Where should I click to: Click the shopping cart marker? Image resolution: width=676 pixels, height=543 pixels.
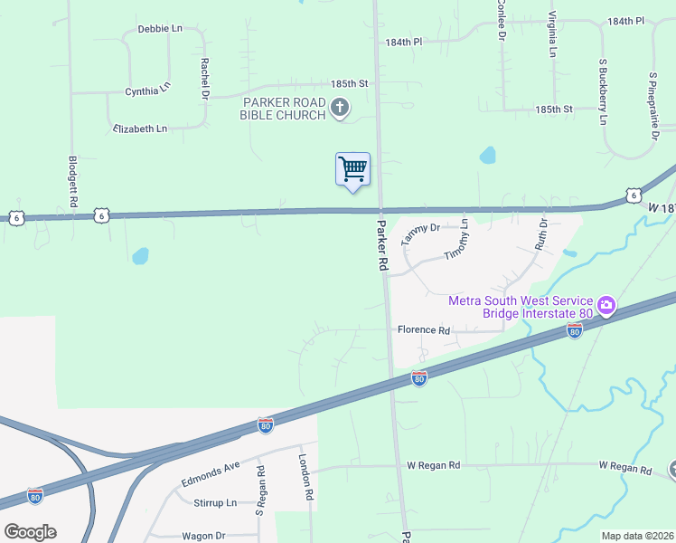[352, 169]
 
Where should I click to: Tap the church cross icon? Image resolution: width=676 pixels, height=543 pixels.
[341, 110]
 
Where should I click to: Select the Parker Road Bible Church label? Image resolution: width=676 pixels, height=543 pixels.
[283, 108]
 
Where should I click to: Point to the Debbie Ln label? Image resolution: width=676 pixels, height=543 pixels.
[160, 29]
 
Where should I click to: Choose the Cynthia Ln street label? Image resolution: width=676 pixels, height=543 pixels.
[147, 90]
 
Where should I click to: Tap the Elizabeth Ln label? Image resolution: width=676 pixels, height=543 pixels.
[140, 129]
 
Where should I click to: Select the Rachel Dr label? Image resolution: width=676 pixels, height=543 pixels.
[205, 79]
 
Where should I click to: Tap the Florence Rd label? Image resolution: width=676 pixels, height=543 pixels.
[423, 331]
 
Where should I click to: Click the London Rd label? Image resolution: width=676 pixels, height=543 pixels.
[305, 477]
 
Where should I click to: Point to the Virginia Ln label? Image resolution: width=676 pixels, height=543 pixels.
[551, 36]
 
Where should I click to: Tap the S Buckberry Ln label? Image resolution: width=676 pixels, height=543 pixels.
[602, 91]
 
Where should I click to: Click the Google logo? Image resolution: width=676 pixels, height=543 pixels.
[30, 532]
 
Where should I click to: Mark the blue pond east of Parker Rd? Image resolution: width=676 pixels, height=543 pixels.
[488, 155]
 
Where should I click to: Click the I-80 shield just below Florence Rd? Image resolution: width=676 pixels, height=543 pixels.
[418, 378]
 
